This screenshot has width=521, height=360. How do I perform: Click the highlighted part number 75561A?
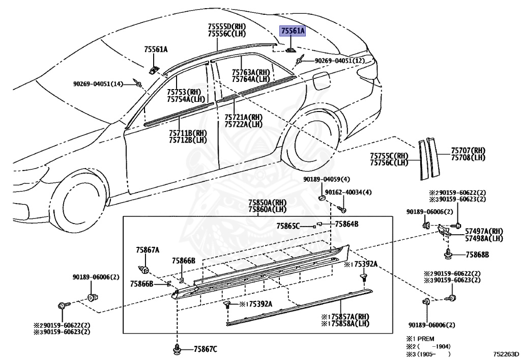pyautogui.click(x=293, y=31)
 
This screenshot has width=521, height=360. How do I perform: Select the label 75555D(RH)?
pyautogui.click(x=226, y=26)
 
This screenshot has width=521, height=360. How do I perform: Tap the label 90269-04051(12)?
pyautogui.click(x=339, y=61)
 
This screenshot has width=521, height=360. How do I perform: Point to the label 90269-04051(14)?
pyautogui.click(x=98, y=84)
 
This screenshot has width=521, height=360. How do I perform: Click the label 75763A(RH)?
pyautogui.click(x=251, y=72)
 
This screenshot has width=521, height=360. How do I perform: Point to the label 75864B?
pyautogui.click(x=346, y=224)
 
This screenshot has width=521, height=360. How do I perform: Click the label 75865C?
pyautogui.click(x=288, y=226)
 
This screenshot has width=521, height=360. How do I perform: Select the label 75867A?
pyautogui.click(x=148, y=250)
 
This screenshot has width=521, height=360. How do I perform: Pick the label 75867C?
pyautogui.click(x=205, y=349)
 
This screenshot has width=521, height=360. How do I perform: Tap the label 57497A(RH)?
pyautogui.click(x=484, y=231)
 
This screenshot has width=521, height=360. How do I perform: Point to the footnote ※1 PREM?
pyautogui.click(x=420, y=338)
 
